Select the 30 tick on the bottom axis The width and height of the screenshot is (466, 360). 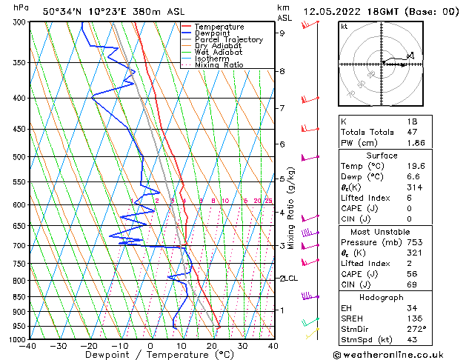(x=242, y=346)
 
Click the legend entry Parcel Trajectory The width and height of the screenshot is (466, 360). (x=228, y=39)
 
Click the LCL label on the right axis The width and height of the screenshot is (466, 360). (x=290, y=279)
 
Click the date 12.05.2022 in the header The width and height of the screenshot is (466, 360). (x=332, y=11)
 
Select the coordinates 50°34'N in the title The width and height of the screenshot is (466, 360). (x=64, y=11)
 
